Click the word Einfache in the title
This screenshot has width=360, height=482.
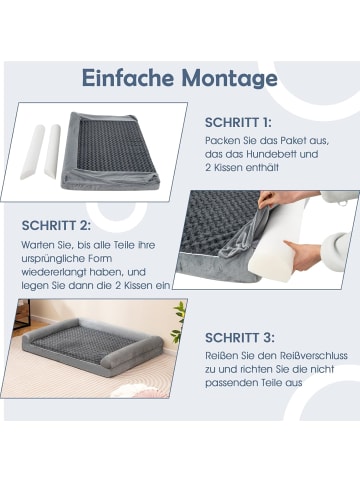pos(128,78)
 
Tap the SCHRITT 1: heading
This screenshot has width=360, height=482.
pos(238,123)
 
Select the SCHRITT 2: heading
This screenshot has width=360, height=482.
pos(56,226)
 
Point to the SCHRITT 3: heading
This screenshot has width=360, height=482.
pos(240,338)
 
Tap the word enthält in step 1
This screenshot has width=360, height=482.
pos(262,168)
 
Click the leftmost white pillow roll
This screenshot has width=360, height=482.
pos(33,152)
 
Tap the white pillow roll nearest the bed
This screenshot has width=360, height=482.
pos(53,151)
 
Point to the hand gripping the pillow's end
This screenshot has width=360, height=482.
pos(301,255)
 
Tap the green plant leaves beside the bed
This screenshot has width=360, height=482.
pos(177,322)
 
